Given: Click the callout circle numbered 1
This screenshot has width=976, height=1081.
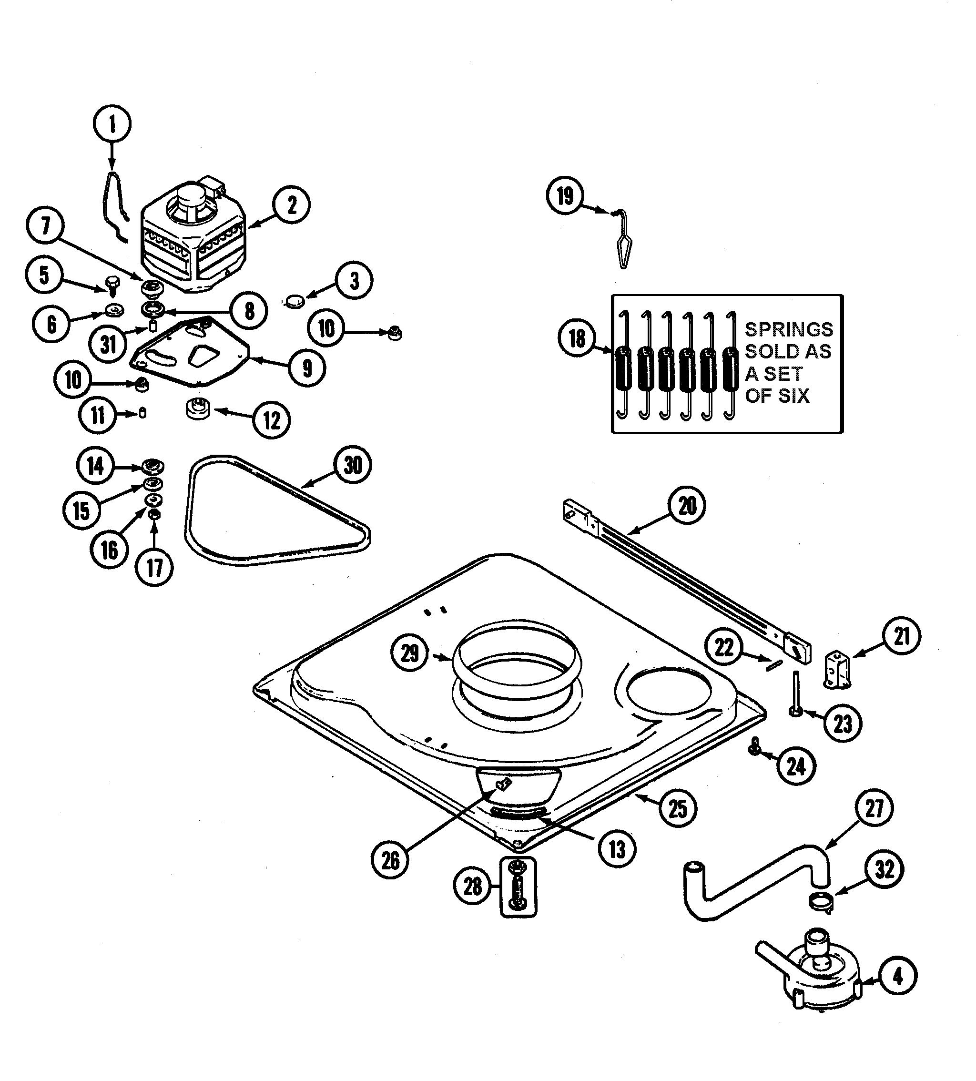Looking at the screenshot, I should pos(112,125).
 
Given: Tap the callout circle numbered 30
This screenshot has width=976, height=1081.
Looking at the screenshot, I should pos(353,465).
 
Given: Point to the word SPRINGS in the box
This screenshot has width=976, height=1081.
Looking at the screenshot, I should pos(789,329).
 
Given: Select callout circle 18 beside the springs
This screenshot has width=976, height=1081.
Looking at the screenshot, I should pos(577,338).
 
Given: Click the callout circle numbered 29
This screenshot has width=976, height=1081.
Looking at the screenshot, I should pos(410,653).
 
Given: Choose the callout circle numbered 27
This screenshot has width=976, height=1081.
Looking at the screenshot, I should pos(874,808).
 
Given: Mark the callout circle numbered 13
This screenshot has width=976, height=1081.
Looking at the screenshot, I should pos(617,849).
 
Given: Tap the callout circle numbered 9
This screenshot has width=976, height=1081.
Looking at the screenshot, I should pos(307,368).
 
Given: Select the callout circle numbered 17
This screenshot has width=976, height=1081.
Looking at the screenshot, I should pos(155,567).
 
